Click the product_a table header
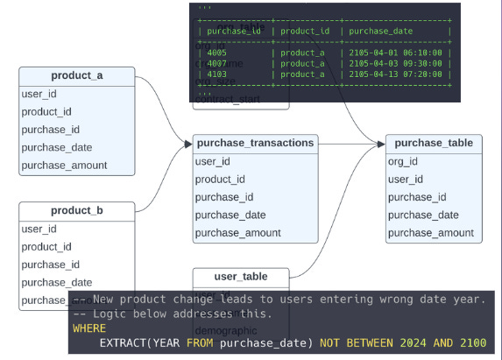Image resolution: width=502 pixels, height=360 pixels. point(77,76)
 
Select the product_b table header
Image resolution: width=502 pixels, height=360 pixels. point(77,210)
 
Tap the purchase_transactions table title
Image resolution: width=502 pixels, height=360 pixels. point(255,143)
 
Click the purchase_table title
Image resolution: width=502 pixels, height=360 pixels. point(434,143)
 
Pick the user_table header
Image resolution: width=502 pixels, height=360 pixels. point(241,277)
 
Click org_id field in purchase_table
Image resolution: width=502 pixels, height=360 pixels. point(403,161)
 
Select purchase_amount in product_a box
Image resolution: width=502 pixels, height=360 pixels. point(64,165)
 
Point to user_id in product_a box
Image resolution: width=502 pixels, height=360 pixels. point(39,94)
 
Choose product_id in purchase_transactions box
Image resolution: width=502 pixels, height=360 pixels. point(220,180)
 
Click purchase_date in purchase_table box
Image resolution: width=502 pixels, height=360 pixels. point(423,215)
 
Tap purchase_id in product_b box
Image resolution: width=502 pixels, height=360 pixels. point(50,265)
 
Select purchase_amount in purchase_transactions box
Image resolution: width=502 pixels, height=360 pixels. point(237,233)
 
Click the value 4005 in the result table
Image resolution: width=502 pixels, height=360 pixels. point(217,52)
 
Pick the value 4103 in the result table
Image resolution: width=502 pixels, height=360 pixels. point(217,74)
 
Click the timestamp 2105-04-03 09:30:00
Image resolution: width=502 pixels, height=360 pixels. point(394,63)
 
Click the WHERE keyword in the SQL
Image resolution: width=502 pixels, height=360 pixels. point(88,328)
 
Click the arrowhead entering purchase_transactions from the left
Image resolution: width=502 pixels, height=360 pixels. point(187,143)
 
